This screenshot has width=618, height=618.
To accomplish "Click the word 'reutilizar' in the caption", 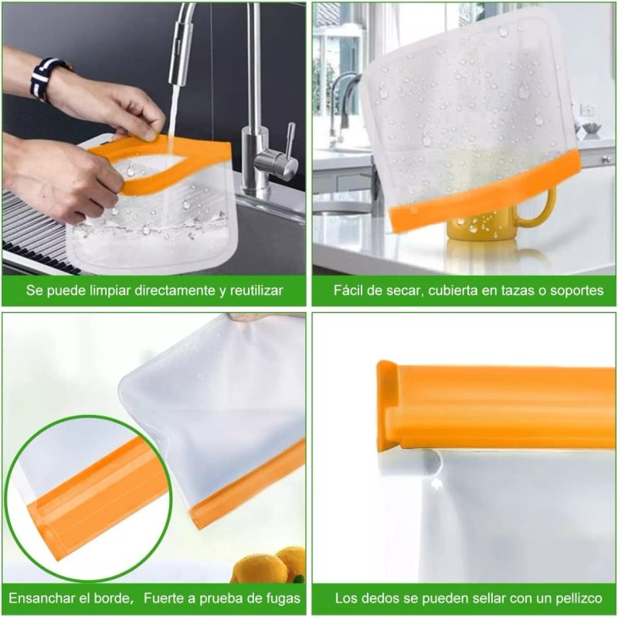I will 252,291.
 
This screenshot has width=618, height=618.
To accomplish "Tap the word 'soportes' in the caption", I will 577,291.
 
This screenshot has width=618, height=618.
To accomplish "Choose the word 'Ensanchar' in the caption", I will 40,599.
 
